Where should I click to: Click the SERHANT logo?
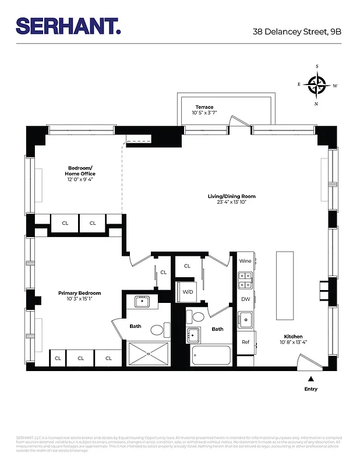coord(69,26)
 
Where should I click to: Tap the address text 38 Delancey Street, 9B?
coord(297,33)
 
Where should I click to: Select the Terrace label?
coord(204,107)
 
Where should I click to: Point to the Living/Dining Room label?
coord(231,196)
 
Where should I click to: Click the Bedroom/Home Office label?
coord(80,171)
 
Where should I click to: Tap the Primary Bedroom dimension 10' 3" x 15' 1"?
coord(79,299)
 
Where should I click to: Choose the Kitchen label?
coord(293,337)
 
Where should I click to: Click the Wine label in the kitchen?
coord(245,262)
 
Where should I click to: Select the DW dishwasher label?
coord(245,299)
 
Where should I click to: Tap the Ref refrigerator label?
coord(245,342)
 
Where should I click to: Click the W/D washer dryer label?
coord(188,291)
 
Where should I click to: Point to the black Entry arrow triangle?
coord(310,379)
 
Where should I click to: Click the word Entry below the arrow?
coord(310,389)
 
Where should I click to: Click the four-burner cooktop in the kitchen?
coord(245,281)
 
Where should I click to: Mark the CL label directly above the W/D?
coord(187,266)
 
